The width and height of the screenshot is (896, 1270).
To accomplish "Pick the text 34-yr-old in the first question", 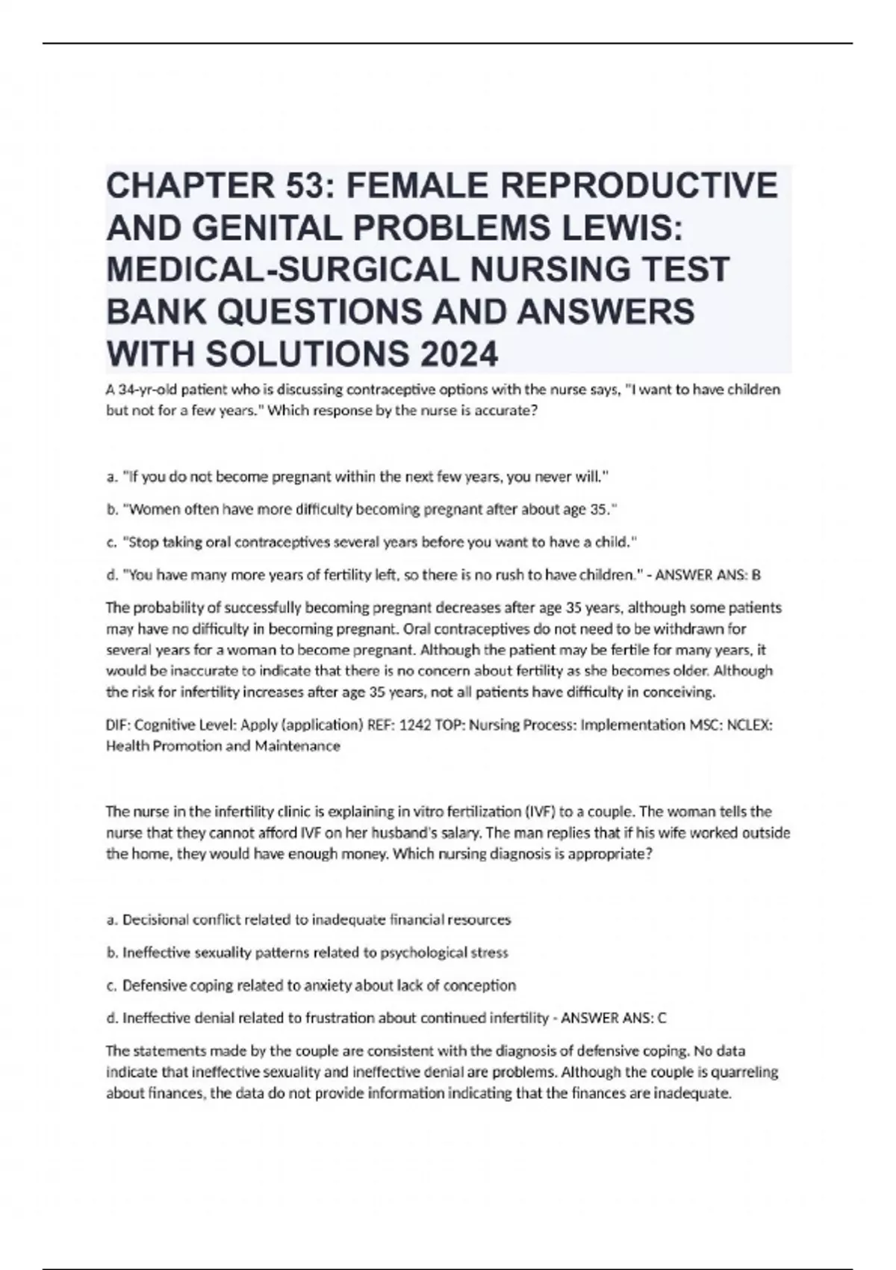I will point(148,389).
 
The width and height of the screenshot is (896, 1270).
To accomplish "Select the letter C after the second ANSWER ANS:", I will point(662,1017).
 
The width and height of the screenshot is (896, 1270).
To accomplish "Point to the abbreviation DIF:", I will point(119,725).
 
